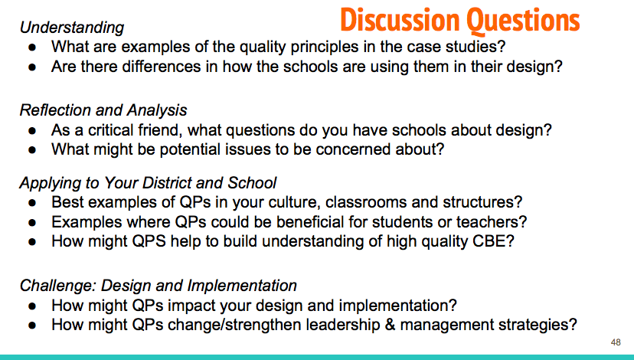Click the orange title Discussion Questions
point(460,20)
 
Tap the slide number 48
point(616,342)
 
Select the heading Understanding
point(72,28)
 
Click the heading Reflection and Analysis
point(103,110)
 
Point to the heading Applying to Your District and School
point(148,183)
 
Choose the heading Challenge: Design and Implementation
point(158,286)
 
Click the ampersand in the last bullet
point(391,325)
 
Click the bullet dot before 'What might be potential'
point(32,150)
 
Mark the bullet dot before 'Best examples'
point(32,203)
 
